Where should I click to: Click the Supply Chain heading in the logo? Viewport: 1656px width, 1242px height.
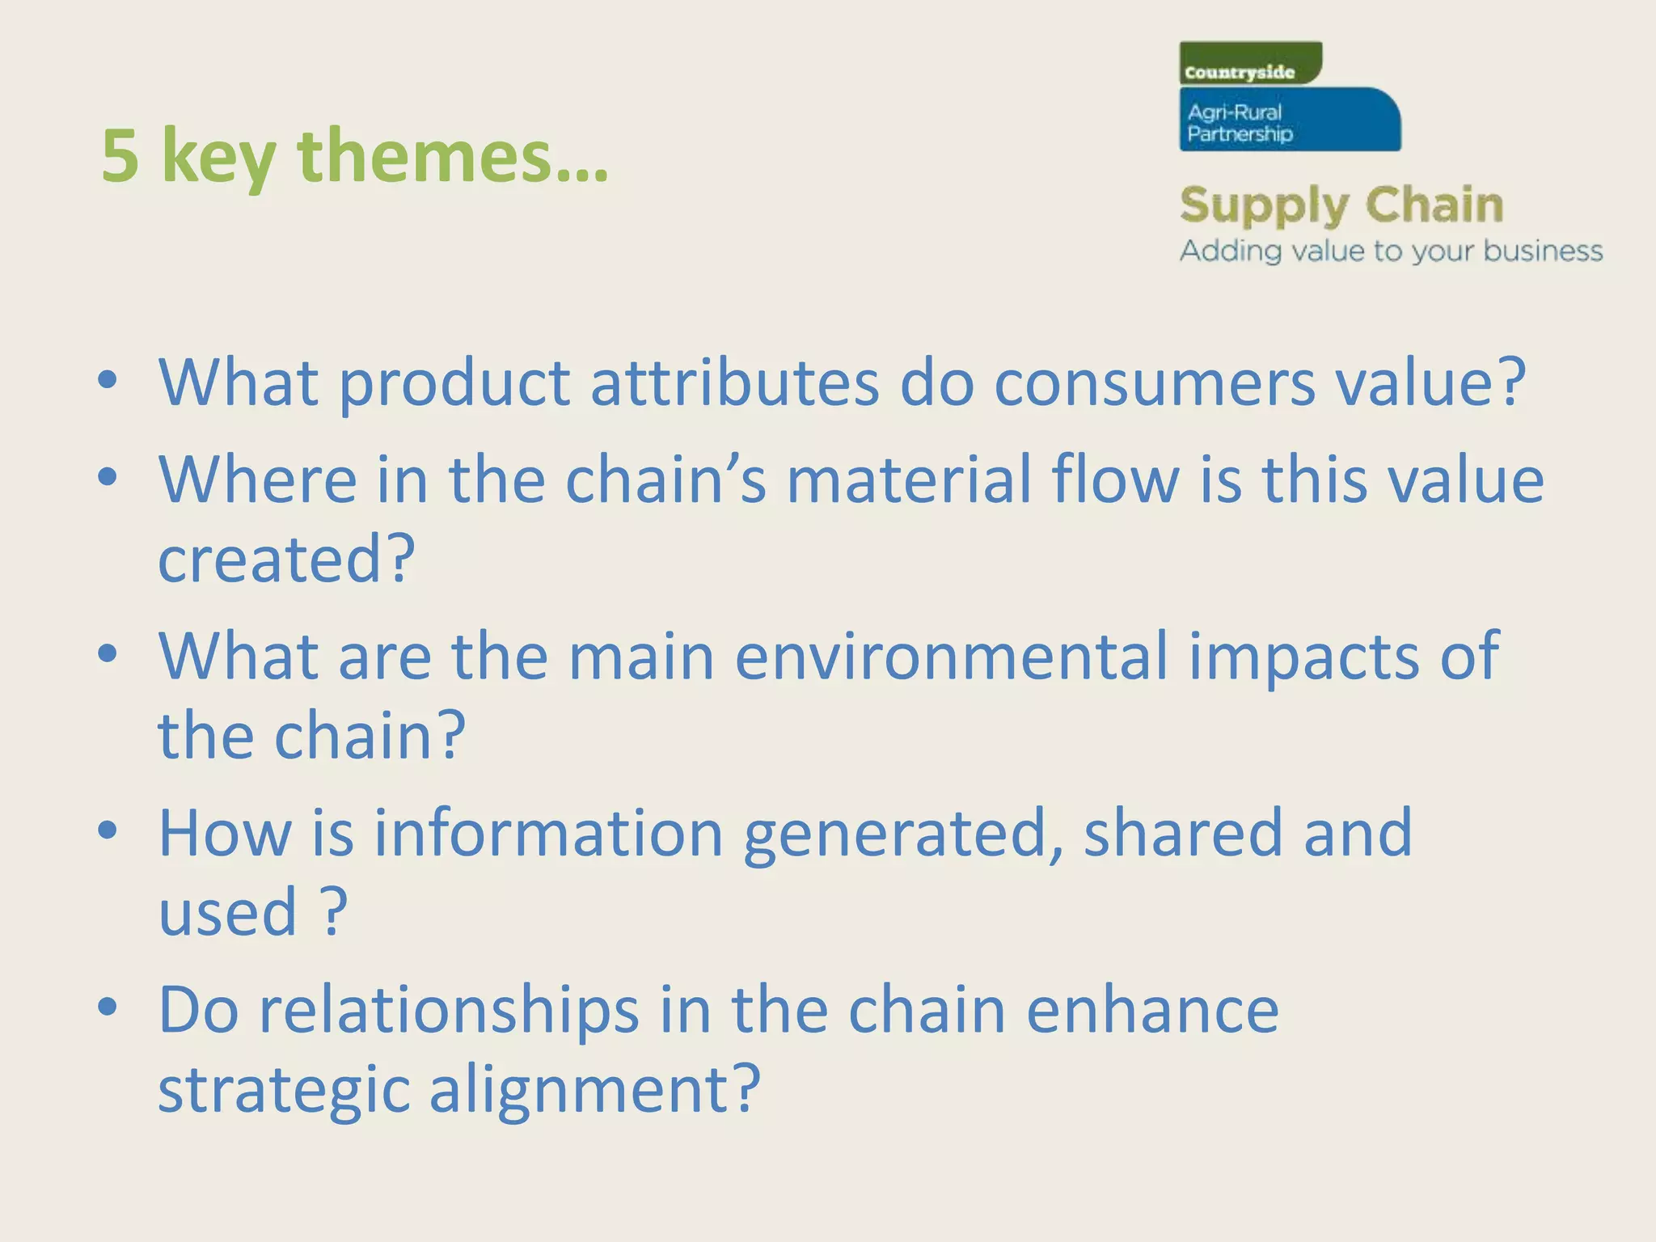[1341, 205]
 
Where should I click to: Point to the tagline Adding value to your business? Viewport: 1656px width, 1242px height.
[1390, 251]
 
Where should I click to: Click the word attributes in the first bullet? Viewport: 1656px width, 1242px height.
[734, 382]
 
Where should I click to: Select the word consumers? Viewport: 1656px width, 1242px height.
[1154, 382]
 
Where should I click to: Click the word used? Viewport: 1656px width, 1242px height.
[228, 912]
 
